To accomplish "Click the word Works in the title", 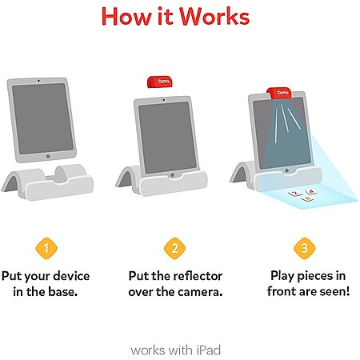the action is tap(214, 17).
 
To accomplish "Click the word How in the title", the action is tap(126, 17).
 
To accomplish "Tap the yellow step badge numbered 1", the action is tap(46, 248).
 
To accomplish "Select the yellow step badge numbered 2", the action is tap(174, 248).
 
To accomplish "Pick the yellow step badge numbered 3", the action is tap(305, 248).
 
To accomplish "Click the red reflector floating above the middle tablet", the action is tap(159, 82).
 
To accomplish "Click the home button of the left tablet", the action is tap(48, 156).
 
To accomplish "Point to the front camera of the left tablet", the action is tap(38, 80).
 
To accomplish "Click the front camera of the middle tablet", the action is tap(163, 100).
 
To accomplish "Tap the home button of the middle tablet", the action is tap(172, 175).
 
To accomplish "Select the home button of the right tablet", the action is tap(286, 170).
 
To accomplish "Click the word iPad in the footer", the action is tap(209, 350).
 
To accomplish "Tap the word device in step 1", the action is tap(71, 276).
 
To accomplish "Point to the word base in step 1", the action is tap(63, 292).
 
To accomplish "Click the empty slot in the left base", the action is tap(58, 178).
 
